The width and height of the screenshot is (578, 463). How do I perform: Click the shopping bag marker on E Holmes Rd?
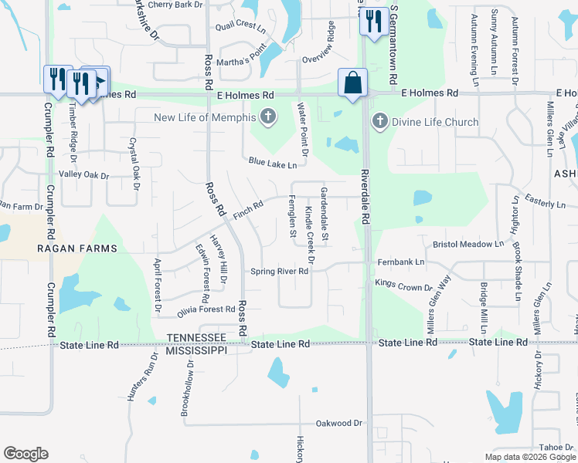352,83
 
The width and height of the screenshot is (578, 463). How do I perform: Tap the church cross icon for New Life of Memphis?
268,117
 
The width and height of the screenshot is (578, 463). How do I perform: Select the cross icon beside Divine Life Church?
379,121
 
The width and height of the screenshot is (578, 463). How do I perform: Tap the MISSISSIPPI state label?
195,350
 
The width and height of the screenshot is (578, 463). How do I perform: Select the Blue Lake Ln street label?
272,164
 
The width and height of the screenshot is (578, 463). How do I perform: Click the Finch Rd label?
248,208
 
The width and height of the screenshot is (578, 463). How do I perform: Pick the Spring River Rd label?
279,272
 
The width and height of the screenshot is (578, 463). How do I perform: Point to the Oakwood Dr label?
339,423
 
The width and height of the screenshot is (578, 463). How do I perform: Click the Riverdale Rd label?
365,198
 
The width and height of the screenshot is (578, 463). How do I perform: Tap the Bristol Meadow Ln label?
467,244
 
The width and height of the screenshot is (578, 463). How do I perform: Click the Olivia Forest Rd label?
205,309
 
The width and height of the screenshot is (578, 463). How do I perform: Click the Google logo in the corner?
25,454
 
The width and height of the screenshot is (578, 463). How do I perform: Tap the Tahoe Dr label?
556,447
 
